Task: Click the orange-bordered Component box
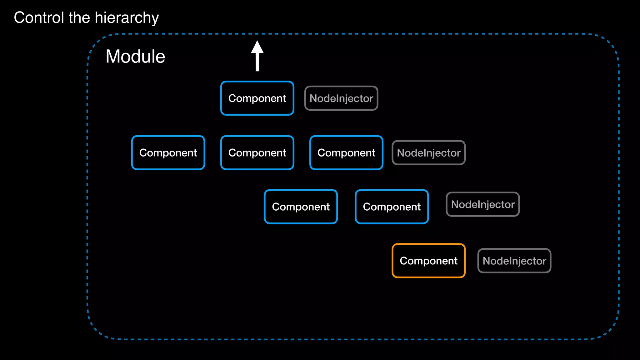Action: click(428, 261)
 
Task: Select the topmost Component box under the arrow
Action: click(257, 98)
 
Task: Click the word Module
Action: click(135, 57)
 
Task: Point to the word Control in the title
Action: click(39, 17)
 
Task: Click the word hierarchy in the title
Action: click(127, 18)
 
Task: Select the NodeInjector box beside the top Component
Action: click(341, 98)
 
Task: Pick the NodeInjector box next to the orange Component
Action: click(514, 261)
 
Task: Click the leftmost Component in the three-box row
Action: click(168, 152)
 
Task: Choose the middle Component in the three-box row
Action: click(257, 152)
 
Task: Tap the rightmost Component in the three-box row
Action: click(346, 152)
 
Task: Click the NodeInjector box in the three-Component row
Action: click(428, 152)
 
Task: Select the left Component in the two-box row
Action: click(301, 207)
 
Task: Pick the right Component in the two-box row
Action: click(392, 207)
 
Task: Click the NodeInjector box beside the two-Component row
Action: click(482, 204)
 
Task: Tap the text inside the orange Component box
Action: click(428, 261)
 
